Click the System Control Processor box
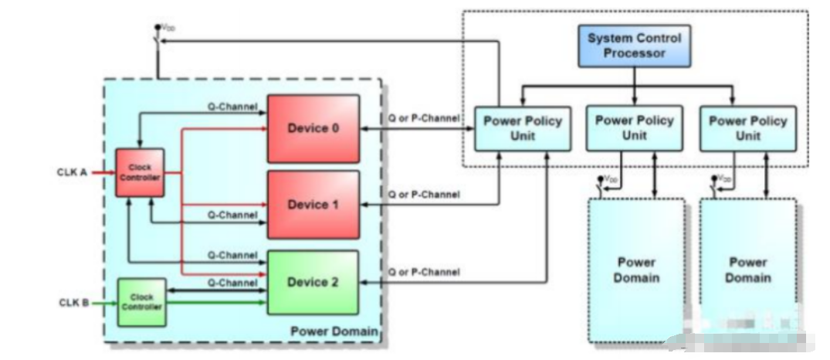[x=635, y=46]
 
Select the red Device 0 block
[x=313, y=128]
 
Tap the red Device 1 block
[x=313, y=205]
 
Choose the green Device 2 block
[x=313, y=282]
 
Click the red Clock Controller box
[x=141, y=172]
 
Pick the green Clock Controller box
[x=141, y=301]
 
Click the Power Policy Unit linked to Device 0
[x=523, y=128]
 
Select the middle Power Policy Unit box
[x=635, y=128]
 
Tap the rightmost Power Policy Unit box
[x=747, y=128]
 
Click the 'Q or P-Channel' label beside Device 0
[x=423, y=118]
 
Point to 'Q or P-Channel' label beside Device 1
[x=423, y=195]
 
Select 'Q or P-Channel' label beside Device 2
[x=423, y=272]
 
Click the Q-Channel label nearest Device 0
[x=232, y=107]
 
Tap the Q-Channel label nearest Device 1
[x=232, y=216]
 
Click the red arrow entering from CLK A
[x=102, y=172]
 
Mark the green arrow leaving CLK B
[x=102, y=301]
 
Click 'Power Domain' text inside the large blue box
[x=334, y=331]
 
